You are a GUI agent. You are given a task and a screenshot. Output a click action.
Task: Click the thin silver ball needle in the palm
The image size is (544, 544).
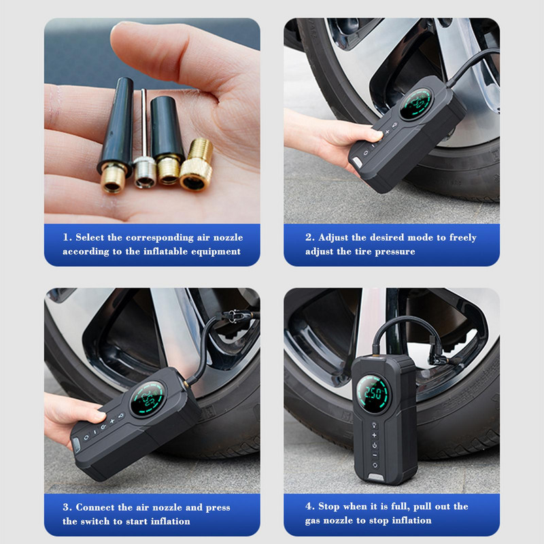click(x=142, y=136)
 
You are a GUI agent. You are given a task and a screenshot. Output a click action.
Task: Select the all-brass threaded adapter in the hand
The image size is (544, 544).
click(x=197, y=165)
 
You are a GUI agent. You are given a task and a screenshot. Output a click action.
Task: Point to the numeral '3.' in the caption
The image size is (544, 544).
click(x=67, y=507)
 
